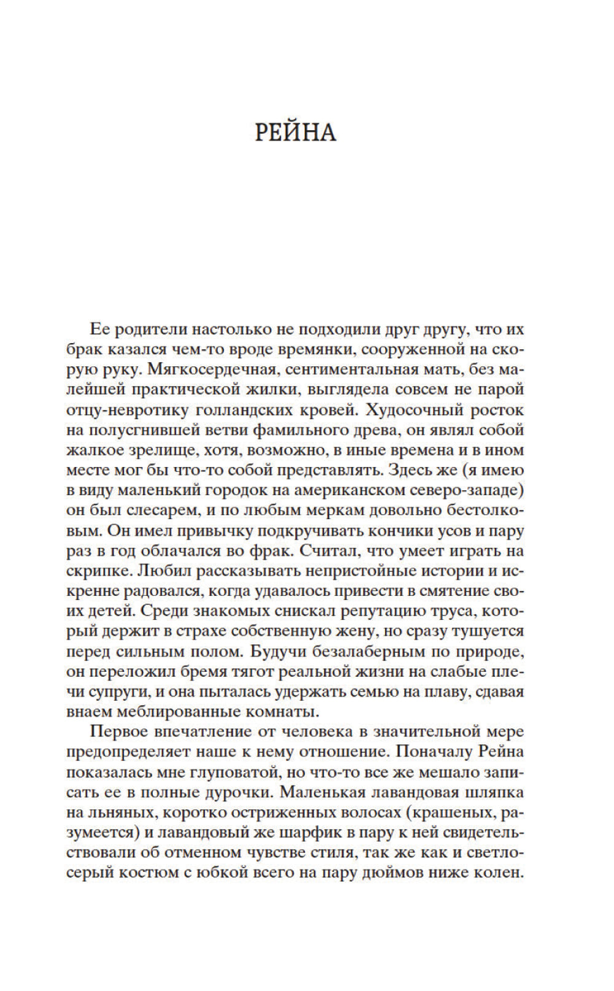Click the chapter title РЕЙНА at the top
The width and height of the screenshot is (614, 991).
(x=295, y=132)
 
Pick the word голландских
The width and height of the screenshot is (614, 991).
(x=268, y=409)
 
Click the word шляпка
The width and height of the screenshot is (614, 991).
(x=494, y=792)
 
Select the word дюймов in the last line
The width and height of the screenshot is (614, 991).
(x=386, y=872)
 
